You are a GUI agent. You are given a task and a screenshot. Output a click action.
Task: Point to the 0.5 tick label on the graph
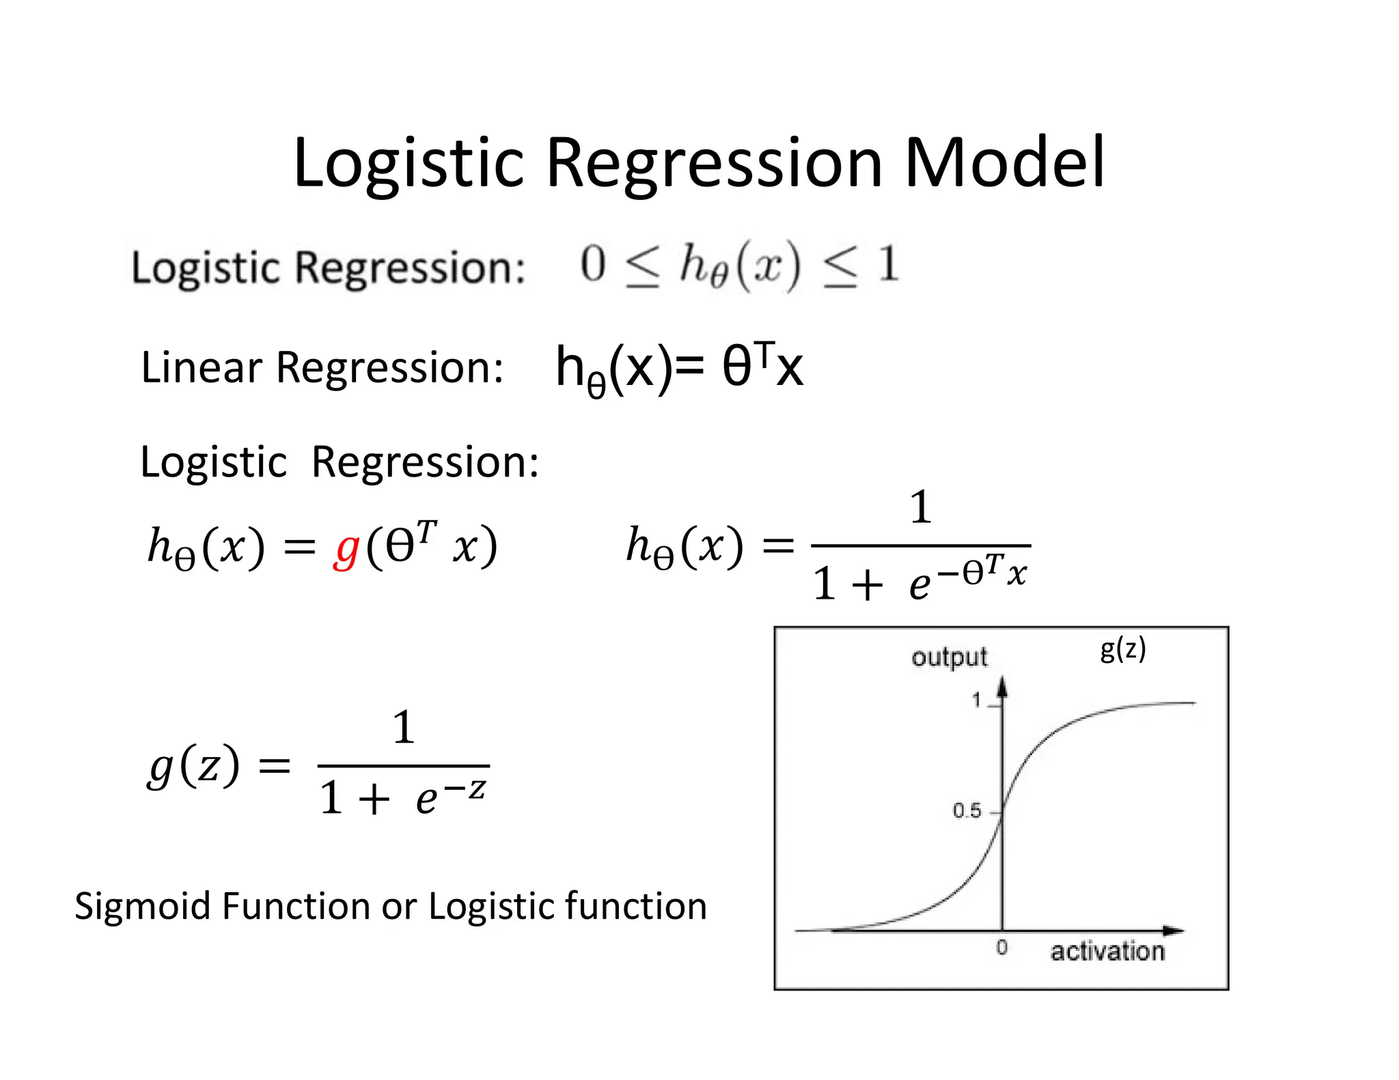967,811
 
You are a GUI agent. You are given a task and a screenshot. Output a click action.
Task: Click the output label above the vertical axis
949,657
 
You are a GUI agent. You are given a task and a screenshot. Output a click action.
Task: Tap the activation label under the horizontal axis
1107,951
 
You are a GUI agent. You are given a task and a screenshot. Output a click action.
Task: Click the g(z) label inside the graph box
1122,649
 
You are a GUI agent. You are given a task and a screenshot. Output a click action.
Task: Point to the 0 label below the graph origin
1001,948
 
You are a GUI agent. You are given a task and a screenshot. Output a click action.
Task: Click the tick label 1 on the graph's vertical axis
977,700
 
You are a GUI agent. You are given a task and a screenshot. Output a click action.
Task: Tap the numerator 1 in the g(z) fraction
404,727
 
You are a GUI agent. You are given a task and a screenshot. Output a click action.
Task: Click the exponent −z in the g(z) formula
465,788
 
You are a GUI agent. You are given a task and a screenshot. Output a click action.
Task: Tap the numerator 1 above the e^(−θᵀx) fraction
921,507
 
